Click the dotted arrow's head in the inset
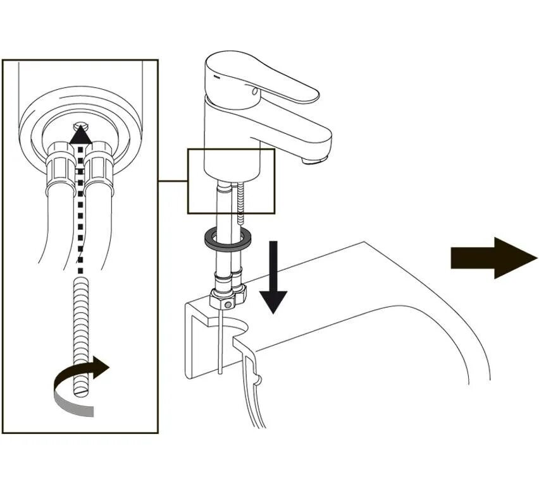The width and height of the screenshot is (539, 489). click(78, 135)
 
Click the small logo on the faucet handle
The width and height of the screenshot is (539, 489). click(216, 76)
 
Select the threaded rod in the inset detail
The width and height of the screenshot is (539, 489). click(80, 335)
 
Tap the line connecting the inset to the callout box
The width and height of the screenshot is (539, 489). click(172, 181)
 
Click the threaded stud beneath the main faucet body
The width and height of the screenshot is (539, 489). click(241, 202)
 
